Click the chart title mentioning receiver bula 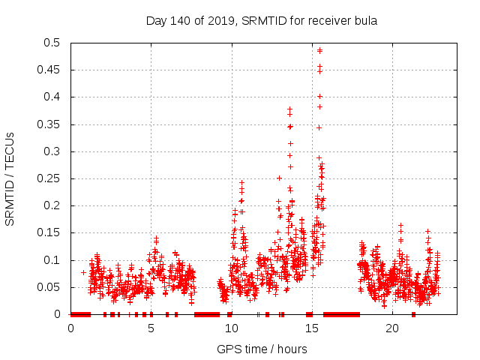point(261,20)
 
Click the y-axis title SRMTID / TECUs point(10,178)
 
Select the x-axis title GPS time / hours point(262,349)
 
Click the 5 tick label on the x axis point(151,328)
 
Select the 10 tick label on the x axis point(231,328)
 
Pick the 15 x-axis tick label point(311,328)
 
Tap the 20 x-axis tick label point(391,328)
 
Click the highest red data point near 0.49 point(319,50)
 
